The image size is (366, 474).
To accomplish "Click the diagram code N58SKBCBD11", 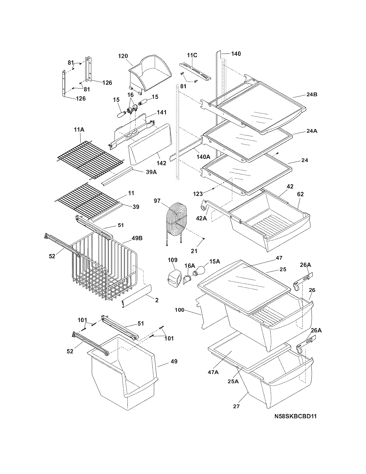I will (x=295, y=416).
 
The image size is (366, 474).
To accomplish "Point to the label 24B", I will (x=311, y=94).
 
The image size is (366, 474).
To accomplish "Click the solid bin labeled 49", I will (x=123, y=371).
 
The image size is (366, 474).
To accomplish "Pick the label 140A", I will (x=204, y=157).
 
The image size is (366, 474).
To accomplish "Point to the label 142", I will (x=161, y=163).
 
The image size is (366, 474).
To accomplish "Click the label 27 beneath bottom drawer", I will (x=237, y=406).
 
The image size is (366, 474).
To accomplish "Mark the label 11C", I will (x=192, y=55).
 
